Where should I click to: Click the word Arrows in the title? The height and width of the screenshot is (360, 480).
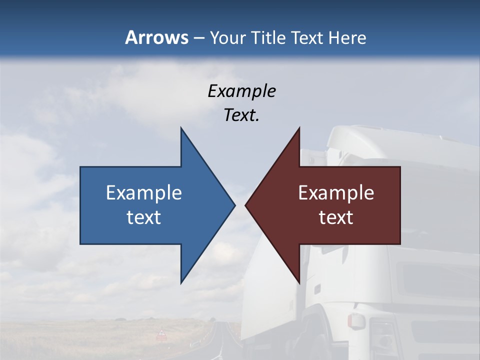click(156, 37)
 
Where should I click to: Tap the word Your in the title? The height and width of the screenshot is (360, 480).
click(226, 38)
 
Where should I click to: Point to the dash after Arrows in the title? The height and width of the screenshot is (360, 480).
click(198, 38)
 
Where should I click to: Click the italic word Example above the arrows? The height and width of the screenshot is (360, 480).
click(241, 91)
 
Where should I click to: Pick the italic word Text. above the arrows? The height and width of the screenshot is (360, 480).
click(241, 115)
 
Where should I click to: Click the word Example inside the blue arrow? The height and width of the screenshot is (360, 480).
click(144, 192)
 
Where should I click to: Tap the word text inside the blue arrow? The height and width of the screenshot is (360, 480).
click(144, 217)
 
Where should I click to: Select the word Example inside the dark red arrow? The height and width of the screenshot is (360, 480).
click(336, 192)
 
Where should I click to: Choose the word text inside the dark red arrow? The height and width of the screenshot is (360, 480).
click(336, 217)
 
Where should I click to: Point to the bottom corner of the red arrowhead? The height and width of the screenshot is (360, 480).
click(299, 283)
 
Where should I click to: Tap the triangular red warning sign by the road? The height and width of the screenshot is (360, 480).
click(161, 333)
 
